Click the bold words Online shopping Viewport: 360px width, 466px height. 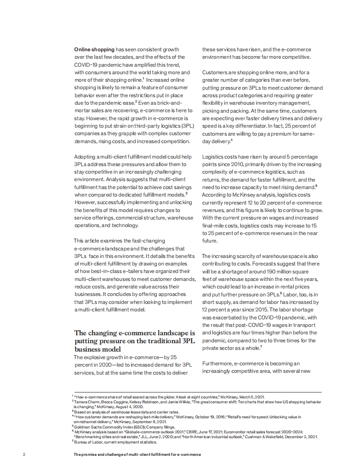pyautogui.click(x=94, y=49)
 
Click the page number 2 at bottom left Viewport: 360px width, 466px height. pyautogui.click(x=23, y=454)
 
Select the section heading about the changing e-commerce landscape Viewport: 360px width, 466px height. pyautogui.click(x=134, y=341)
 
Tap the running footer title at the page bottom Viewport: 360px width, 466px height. pyautogui.click(x=137, y=454)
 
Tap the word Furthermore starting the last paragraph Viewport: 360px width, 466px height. pyautogui.click(x=217, y=363)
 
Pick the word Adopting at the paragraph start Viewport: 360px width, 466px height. pyautogui.click(x=84, y=156)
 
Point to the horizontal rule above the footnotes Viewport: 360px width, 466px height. pyautogui.click(x=197, y=392)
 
